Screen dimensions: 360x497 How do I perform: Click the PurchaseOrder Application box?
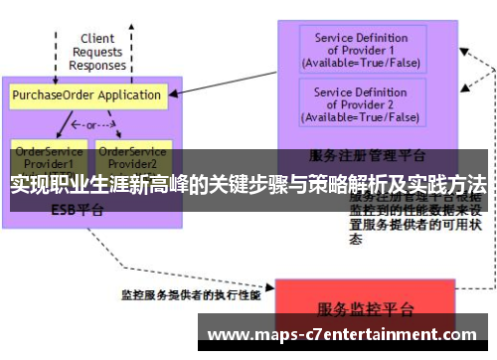87,96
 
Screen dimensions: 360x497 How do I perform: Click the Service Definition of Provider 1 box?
361,51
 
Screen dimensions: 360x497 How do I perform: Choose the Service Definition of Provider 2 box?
361,104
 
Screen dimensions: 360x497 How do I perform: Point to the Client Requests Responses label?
97,52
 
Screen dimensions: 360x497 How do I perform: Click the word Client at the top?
97,39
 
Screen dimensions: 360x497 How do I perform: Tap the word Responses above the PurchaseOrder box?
97,66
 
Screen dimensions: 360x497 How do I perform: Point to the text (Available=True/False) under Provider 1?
361,64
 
